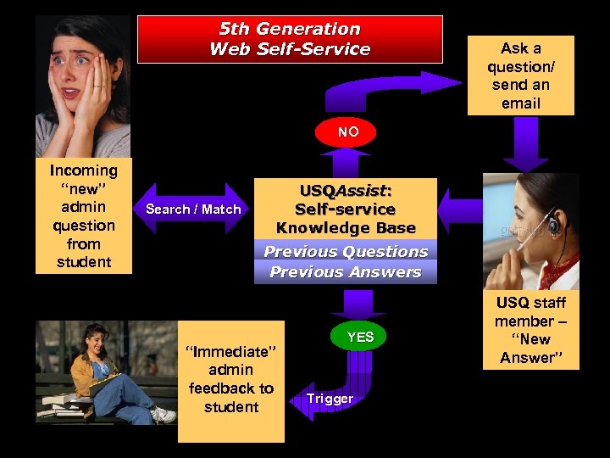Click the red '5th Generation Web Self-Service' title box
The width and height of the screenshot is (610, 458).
click(x=290, y=39)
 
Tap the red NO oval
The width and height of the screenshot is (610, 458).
click(x=347, y=132)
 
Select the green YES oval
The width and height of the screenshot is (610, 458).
click(x=360, y=337)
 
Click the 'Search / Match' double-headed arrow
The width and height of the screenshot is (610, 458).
click(x=193, y=209)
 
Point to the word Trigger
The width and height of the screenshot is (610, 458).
click(x=330, y=398)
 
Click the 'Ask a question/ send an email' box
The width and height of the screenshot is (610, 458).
click(x=520, y=75)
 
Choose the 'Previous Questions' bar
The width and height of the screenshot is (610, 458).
click(x=346, y=251)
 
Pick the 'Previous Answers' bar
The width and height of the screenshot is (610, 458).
click(x=346, y=272)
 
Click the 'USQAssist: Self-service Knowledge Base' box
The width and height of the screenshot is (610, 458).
click(x=346, y=209)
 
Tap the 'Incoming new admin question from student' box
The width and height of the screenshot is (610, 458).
click(x=83, y=216)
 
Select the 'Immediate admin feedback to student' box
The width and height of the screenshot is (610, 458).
click(x=230, y=380)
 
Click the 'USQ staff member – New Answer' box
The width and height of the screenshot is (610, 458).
click(x=530, y=330)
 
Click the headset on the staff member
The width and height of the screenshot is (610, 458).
click(x=552, y=226)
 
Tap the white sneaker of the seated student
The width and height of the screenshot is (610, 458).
click(x=162, y=415)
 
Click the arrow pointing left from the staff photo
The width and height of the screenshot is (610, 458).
click(x=459, y=209)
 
